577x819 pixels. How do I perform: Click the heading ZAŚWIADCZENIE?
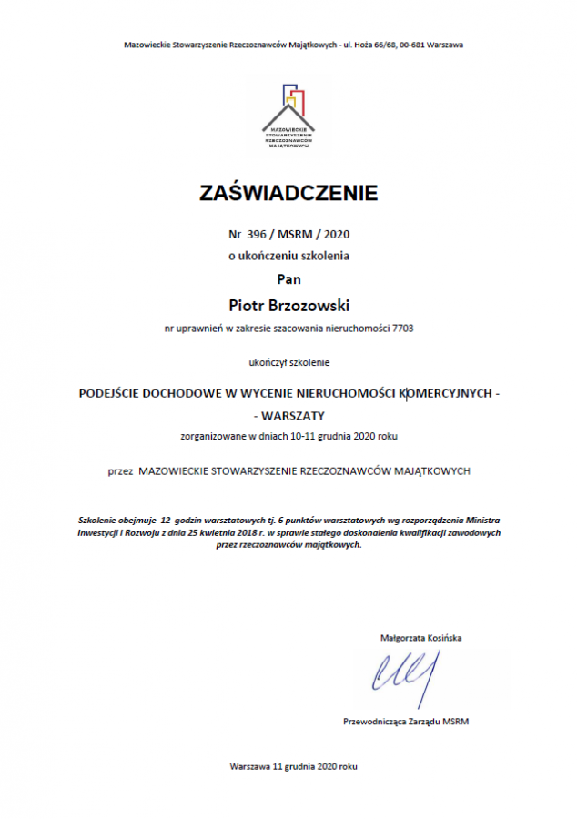pos(288,193)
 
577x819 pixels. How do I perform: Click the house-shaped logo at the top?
pos(288,114)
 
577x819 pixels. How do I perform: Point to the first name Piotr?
pos(248,301)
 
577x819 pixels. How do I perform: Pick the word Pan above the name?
pos(288,278)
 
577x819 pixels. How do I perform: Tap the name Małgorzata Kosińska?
pos(420,638)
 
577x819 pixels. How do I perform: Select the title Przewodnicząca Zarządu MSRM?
pos(406,722)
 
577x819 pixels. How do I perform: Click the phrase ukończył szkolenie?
pos(288,362)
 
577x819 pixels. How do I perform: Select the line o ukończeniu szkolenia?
pos(288,256)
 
